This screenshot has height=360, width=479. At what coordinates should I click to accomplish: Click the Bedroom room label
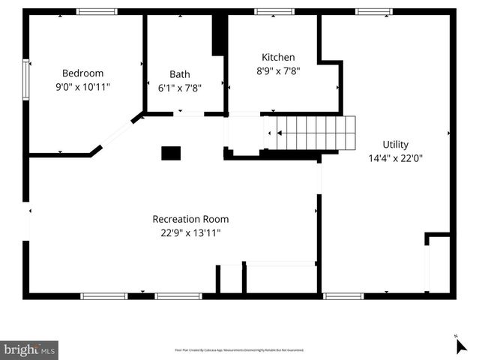pos(82,73)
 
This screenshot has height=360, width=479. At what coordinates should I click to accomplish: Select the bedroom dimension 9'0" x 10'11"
pos(82,87)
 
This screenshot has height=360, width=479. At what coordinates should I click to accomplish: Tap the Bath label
pos(180,74)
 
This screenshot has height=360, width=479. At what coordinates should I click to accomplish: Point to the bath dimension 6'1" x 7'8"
pos(180,87)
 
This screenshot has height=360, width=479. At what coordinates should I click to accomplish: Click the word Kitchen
pos(278,57)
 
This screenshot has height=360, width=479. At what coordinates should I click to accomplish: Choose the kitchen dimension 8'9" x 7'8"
pos(278,70)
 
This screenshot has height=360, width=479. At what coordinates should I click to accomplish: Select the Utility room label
pos(396,144)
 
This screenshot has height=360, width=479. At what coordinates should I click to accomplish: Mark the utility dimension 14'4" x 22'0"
pos(396,158)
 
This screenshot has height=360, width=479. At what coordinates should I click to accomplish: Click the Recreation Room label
pos(190,219)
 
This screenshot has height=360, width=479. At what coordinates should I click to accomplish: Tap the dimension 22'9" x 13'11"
pos(190,232)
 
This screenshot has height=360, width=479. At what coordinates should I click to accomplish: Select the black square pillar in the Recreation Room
pos(171,153)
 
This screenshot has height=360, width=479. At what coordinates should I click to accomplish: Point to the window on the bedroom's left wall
pos(26,79)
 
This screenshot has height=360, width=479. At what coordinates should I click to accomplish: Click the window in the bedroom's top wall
pos(97,11)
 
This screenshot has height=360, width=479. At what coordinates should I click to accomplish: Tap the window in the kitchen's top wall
pos(274,11)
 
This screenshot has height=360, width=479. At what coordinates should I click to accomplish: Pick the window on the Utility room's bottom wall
pos(343,296)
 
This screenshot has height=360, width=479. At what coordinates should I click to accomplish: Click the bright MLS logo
pos(29,349)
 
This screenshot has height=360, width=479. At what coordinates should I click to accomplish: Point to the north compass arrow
pos(460,345)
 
